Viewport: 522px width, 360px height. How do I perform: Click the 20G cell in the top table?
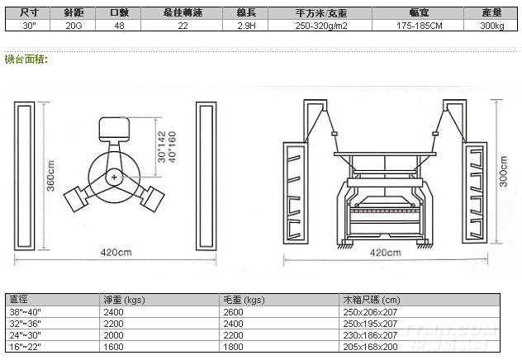point(73,25)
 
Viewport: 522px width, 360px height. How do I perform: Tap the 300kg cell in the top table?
point(492,25)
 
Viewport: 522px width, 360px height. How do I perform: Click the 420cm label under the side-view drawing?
point(386,252)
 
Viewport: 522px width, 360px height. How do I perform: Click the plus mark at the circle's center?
point(113,177)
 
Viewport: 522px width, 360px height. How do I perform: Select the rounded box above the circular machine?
point(112,129)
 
